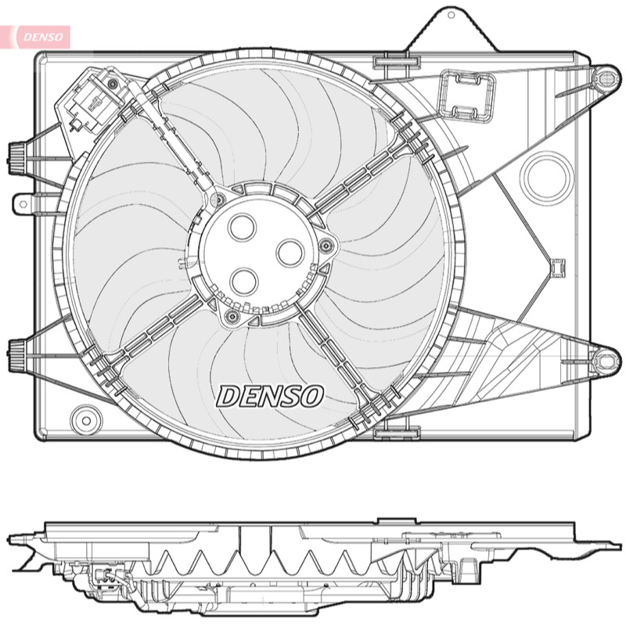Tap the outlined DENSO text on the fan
[270, 396]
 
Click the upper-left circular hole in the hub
[242, 227]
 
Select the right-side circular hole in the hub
[290, 253]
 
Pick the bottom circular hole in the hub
[243, 281]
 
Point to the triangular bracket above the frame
[452, 29]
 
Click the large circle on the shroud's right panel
[546, 178]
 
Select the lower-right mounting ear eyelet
[605, 361]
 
